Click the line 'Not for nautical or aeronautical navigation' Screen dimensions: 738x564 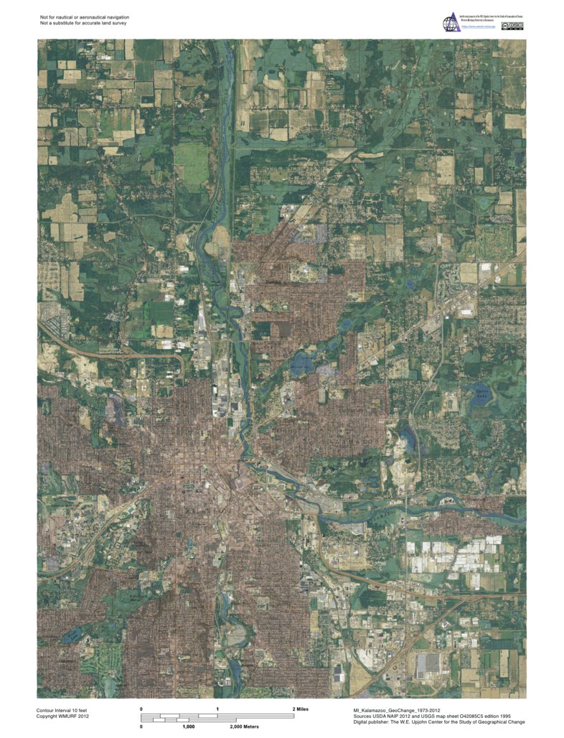[x=85, y=17]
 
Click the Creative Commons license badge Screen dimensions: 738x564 [x=514, y=27]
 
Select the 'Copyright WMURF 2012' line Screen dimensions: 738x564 [x=63, y=716]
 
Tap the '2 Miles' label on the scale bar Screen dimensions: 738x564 [x=302, y=709]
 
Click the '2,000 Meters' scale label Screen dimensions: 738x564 [x=244, y=727]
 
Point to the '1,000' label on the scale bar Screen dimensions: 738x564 [x=189, y=727]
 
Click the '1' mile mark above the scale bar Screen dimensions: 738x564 [x=217, y=709]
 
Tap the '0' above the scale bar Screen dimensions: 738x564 [x=141, y=709]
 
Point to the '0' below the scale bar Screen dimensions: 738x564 [x=141, y=727]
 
